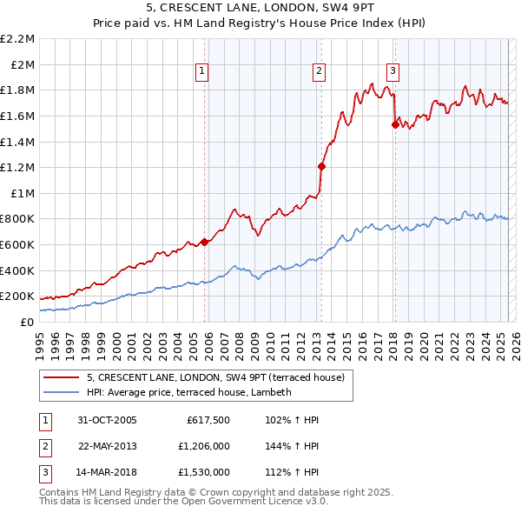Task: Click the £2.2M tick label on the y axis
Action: (x=17, y=39)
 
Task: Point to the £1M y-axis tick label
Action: (x=22, y=193)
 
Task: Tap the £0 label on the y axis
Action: (x=27, y=322)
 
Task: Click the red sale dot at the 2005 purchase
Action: (x=205, y=242)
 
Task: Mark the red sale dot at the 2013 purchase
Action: (x=321, y=166)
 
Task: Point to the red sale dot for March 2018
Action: (x=395, y=124)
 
